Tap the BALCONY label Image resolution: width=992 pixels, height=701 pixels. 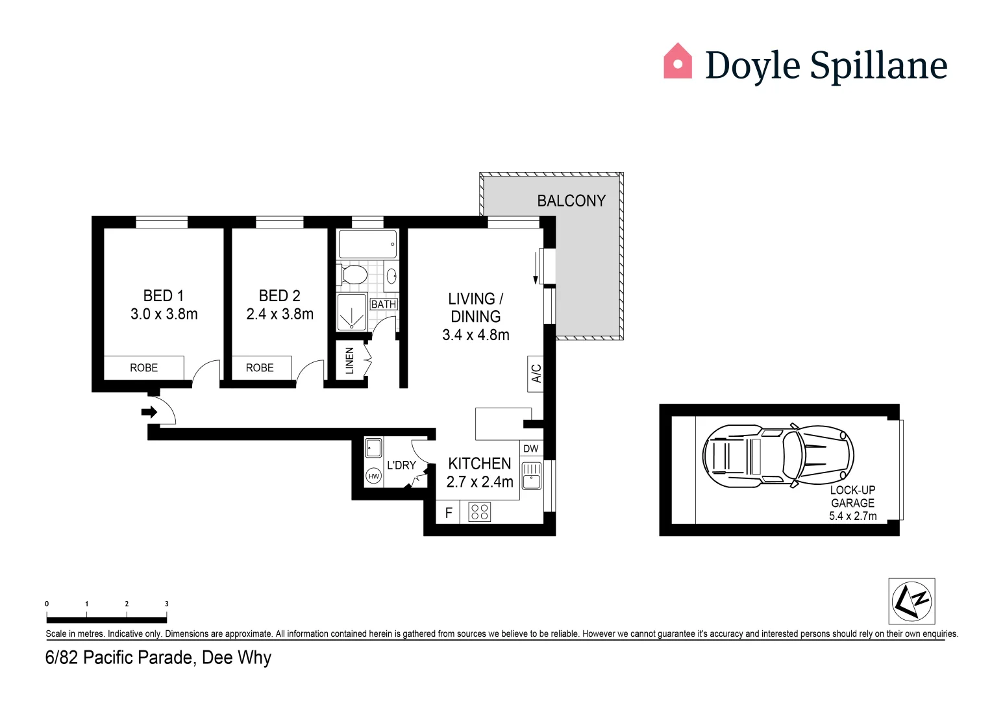[571, 201]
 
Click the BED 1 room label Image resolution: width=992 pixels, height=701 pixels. [163, 295]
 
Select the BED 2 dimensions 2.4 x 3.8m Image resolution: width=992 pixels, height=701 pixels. [280, 314]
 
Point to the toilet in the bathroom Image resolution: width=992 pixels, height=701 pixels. [352, 275]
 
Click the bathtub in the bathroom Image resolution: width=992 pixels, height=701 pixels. [367, 244]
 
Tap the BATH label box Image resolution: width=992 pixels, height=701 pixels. [384, 304]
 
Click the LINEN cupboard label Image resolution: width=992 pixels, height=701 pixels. [349, 361]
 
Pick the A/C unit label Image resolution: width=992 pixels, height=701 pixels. [536, 374]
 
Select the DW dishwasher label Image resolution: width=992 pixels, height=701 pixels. [530, 449]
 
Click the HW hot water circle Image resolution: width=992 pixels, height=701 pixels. [374, 476]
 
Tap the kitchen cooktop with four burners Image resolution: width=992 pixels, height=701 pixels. [480, 512]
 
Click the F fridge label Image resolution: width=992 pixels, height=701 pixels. [449, 513]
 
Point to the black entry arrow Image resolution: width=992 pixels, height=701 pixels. [149, 412]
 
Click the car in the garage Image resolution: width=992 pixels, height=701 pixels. [778, 456]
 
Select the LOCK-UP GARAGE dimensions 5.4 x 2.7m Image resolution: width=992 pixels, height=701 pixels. [853, 516]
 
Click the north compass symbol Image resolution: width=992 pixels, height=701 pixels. [912, 601]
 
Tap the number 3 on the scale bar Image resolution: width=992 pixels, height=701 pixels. [166, 604]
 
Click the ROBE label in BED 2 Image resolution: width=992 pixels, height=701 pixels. [260, 367]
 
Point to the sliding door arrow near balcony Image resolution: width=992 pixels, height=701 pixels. [536, 267]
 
